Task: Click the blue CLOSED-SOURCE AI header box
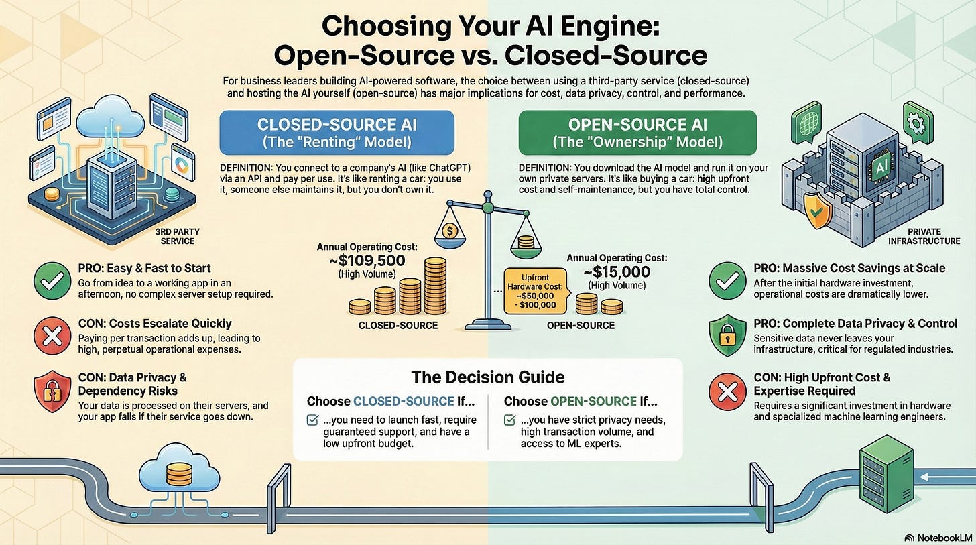(337, 133)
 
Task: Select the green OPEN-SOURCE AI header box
(637, 133)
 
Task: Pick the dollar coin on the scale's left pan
(450, 231)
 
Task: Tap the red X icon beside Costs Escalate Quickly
(52, 332)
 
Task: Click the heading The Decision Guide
(487, 377)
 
